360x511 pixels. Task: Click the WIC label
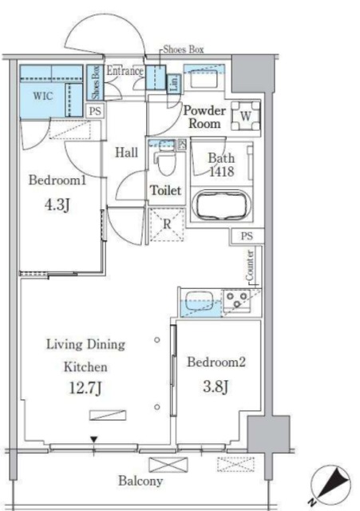click(x=42, y=96)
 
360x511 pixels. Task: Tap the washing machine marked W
click(x=246, y=116)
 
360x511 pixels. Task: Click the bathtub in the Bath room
click(x=222, y=205)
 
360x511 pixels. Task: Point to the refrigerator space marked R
click(x=167, y=224)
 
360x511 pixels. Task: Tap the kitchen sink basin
click(x=200, y=300)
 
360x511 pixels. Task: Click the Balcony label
click(x=140, y=481)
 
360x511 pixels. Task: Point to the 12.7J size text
click(x=85, y=388)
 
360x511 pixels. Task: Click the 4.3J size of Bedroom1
click(x=57, y=205)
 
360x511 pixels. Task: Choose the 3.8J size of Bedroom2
click(x=216, y=386)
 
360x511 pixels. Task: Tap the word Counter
click(x=250, y=265)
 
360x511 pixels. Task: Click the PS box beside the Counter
click(x=247, y=236)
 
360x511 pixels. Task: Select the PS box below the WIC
click(x=95, y=111)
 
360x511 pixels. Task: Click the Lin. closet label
click(x=174, y=83)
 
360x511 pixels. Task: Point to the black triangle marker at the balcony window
click(x=94, y=440)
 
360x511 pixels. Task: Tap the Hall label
click(x=126, y=153)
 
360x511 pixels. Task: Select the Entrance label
click(x=125, y=71)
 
